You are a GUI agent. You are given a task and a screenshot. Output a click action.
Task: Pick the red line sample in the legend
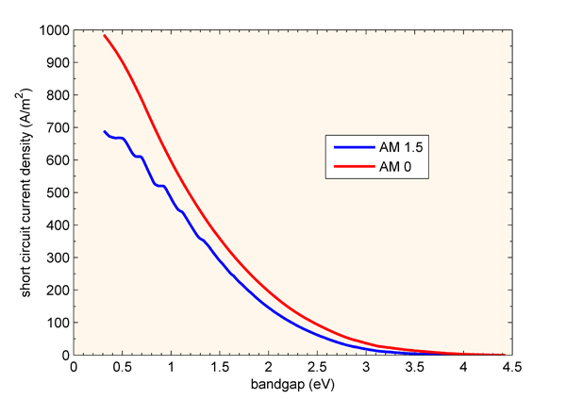pyautogui.click(x=349, y=167)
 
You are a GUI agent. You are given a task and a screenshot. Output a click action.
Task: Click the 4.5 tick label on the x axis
pyautogui.click(x=509, y=368)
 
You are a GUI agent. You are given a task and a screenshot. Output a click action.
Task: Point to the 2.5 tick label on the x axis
pyautogui.click(x=316, y=368)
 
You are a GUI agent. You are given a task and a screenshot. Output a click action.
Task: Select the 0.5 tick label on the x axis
pyautogui.click(x=123, y=368)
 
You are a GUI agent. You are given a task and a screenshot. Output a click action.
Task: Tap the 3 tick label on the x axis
pyautogui.click(x=364, y=368)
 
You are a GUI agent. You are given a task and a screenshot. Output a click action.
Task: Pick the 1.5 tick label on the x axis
pyautogui.click(x=219, y=368)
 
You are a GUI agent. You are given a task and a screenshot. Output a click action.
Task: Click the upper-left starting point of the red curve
pyautogui.click(x=105, y=36)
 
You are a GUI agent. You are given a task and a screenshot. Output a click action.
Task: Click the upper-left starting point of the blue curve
pyautogui.click(x=105, y=132)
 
